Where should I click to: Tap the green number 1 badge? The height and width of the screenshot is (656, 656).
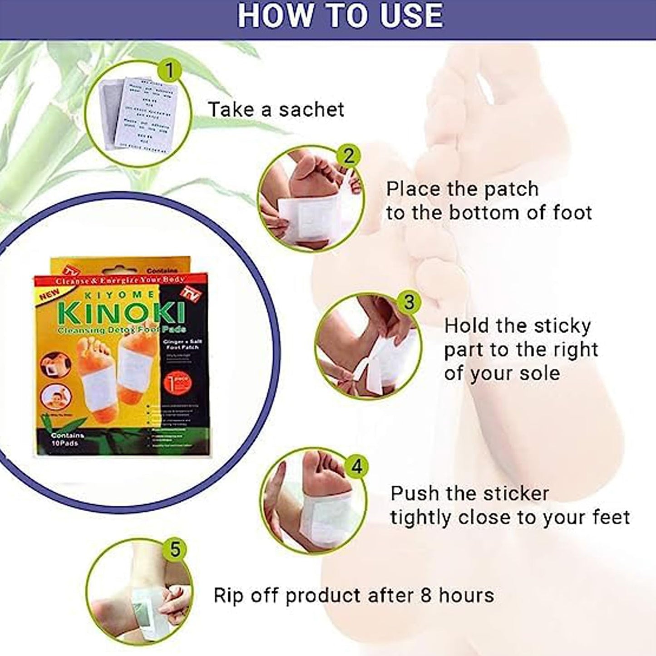pyautogui.click(x=169, y=71)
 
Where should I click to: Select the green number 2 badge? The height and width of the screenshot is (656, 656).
pyautogui.click(x=348, y=156)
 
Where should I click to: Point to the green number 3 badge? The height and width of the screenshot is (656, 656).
pyautogui.click(x=409, y=302)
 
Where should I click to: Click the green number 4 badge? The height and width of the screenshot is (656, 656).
pyautogui.click(x=357, y=466)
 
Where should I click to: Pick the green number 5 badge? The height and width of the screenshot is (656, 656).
pyautogui.click(x=175, y=550)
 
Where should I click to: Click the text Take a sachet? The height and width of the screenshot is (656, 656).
pyautogui.click(x=276, y=110)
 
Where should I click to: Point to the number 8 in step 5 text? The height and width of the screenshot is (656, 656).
pyautogui.click(x=425, y=595)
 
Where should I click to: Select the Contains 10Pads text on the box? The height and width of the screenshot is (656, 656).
pyautogui.click(x=67, y=439)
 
